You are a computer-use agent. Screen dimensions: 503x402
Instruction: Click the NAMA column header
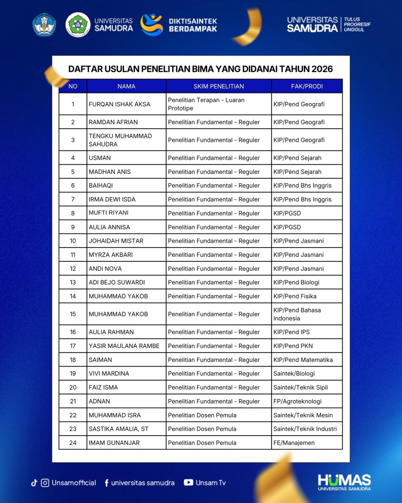126,86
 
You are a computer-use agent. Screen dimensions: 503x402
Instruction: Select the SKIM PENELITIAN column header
218,86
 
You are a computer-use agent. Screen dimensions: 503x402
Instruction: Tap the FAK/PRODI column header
307,86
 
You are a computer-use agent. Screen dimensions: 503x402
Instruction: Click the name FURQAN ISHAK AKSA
119,104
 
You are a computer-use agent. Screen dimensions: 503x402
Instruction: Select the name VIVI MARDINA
109,374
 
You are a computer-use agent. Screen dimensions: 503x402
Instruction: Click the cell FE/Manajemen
294,443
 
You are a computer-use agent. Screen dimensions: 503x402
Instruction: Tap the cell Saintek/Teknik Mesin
303,416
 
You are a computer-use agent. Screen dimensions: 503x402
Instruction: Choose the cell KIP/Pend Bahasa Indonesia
297,314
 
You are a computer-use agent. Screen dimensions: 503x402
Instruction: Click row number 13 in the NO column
73,282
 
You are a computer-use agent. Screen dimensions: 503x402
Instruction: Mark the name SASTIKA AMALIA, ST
118,429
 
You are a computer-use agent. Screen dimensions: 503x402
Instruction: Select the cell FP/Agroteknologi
297,401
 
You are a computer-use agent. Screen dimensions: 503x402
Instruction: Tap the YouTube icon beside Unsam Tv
188,483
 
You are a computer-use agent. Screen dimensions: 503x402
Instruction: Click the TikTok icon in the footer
34,483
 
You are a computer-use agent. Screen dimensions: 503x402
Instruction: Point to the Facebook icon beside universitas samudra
107,483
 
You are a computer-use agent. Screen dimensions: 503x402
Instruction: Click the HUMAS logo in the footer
344,482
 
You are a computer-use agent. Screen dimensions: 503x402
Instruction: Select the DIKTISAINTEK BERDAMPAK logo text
192,25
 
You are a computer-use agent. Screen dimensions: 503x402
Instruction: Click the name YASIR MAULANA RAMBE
124,346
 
